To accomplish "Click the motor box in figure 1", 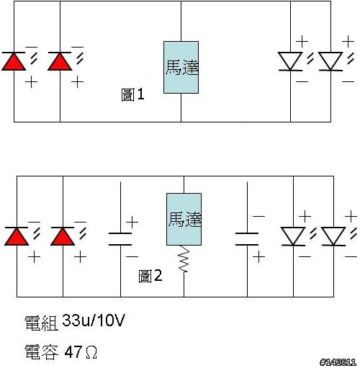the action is pos(181,67).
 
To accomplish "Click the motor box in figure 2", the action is pos(184,219).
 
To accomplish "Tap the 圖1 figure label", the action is pos(132,94).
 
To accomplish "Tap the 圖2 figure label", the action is pos(150,276).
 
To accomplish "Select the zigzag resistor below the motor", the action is pos(184,259).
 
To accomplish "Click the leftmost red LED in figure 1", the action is pos(14,61).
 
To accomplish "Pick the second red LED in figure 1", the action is pos(60,61).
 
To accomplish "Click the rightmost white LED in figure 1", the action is pos(330,61).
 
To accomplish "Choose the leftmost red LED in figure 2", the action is pos(17,236).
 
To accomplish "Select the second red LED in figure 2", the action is pos(63,236).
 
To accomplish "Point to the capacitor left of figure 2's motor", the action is pos(120,239).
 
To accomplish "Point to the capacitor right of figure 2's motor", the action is pos(247,239).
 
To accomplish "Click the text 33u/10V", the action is pos(94,320).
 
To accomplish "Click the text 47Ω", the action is pos(81,352).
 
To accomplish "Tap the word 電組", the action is pos(41,323).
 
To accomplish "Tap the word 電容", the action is pos(41,352).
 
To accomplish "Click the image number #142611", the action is pos(338,362).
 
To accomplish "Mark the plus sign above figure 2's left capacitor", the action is pos(132,222).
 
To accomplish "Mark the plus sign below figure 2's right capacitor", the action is pos(258,257).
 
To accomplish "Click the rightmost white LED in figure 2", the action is pos(333,236).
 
